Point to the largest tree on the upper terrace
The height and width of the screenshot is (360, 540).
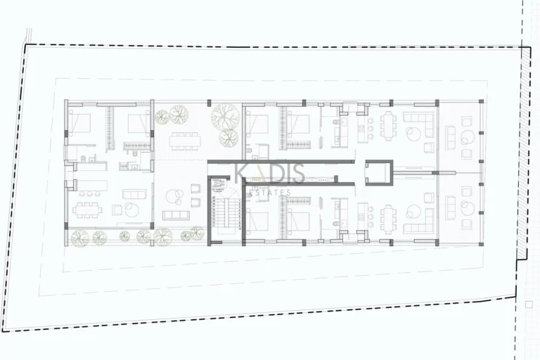(226, 115)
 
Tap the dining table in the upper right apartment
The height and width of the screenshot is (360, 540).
(387, 128)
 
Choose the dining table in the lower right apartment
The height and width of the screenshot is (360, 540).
(387, 217)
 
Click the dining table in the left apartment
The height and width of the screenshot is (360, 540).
(88, 209)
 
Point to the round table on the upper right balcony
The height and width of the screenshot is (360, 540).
(465, 138)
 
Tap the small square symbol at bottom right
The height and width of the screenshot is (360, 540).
(528, 304)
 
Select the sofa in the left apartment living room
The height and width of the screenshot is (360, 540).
(132, 193)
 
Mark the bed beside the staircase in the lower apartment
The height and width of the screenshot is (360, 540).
(258, 221)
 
